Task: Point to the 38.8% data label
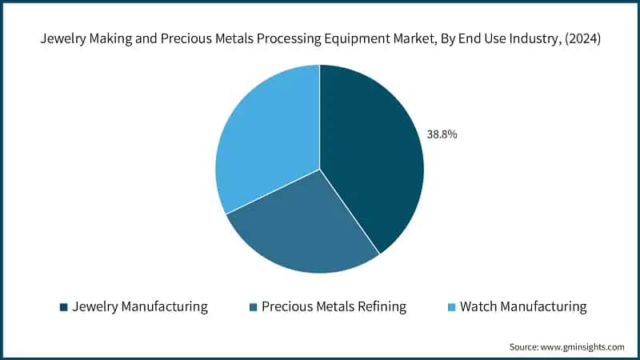(442, 134)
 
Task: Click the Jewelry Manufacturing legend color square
(64, 307)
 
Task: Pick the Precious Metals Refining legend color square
(254, 307)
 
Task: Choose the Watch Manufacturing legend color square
(451, 307)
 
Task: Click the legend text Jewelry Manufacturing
(140, 307)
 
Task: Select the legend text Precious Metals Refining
(334, 307)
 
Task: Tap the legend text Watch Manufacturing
(523, 307)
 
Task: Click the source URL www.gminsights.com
(582, 347)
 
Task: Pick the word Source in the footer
(524, 347)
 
